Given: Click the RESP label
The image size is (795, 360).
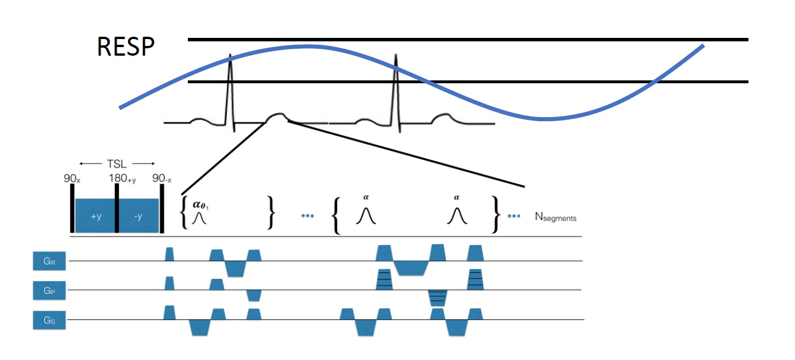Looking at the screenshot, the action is (126, 47).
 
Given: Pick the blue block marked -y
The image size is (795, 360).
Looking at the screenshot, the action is (138, 216).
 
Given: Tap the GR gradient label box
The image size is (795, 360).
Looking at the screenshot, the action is (49, 262).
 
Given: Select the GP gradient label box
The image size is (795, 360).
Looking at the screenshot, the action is (49, 291).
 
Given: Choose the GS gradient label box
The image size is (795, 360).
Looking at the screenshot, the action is (49, 320).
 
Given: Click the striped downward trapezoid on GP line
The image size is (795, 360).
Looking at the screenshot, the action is (437, 297).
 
